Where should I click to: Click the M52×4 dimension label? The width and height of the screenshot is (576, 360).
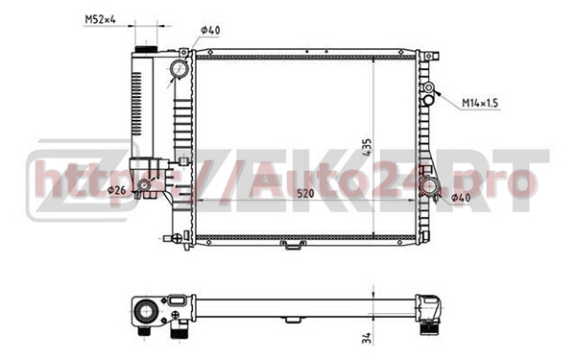[100, 19]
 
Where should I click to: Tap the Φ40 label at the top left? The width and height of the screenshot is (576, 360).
[210, 31]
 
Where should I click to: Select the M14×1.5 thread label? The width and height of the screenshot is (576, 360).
[480, 104]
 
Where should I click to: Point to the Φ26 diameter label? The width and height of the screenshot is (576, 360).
[116, 190]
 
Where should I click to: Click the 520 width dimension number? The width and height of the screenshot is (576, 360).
[305, 193]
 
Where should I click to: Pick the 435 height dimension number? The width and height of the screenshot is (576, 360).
[367, 147]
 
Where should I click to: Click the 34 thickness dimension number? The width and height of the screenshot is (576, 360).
[368, 338]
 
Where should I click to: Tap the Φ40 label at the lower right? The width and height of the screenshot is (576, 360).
[461, 198]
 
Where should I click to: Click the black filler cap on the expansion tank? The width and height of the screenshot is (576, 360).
[146, 49]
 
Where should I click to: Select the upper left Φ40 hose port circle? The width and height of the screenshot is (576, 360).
[180, 69]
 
